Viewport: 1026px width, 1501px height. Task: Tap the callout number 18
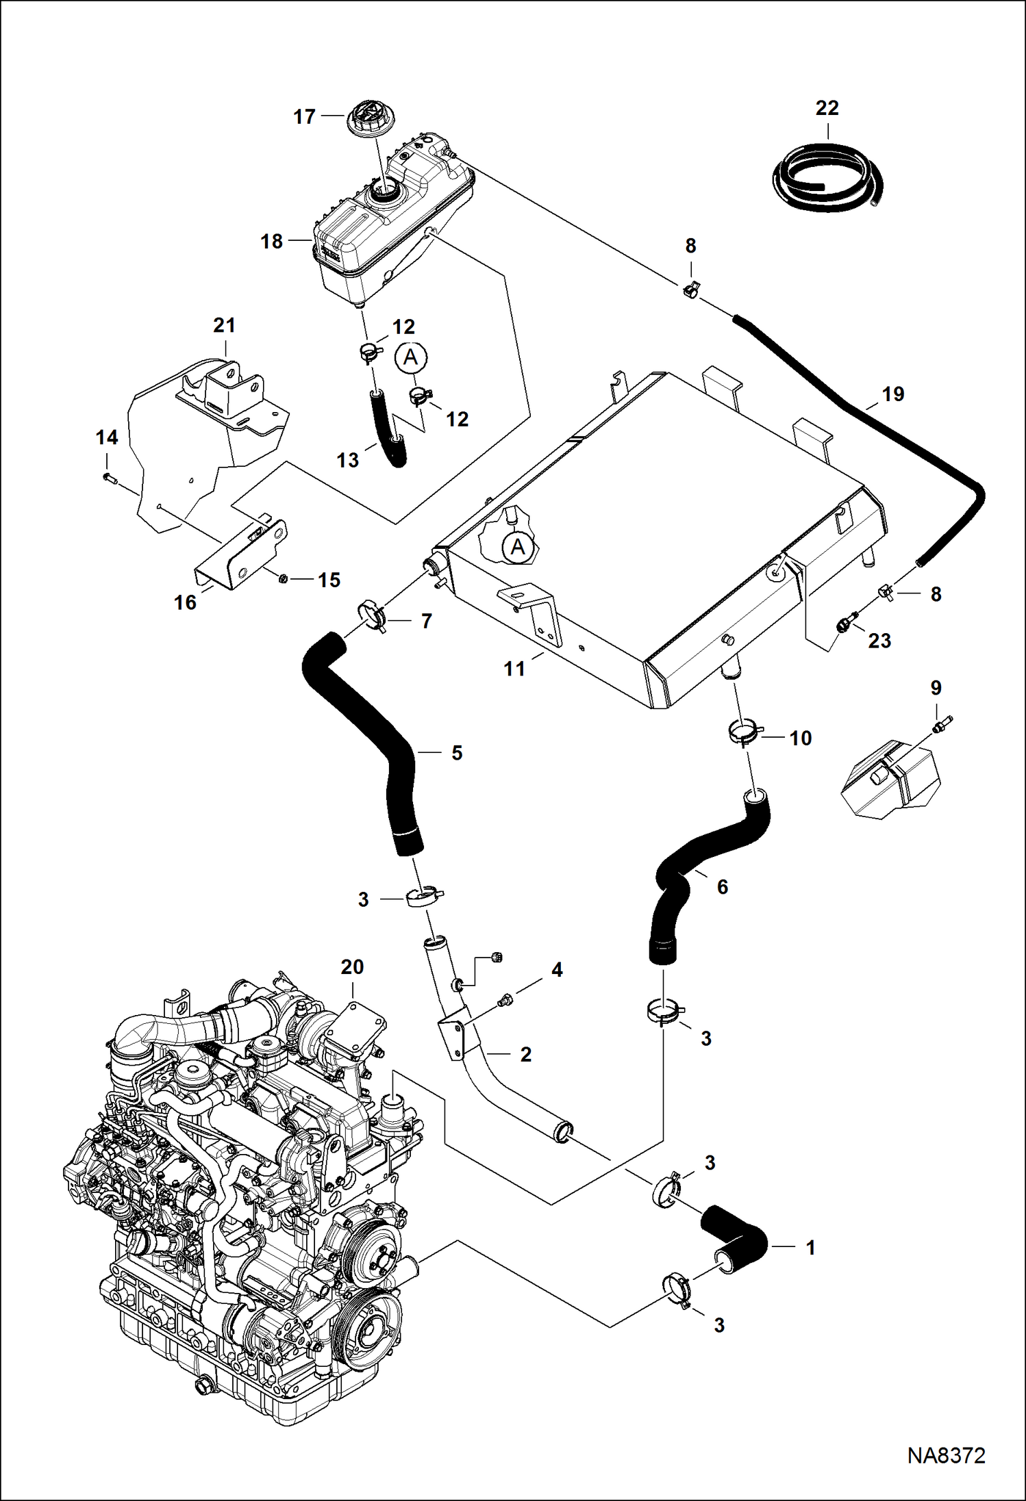272,242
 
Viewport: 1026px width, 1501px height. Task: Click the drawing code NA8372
946,1455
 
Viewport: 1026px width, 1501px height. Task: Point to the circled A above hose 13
410,357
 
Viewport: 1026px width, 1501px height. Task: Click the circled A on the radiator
518,547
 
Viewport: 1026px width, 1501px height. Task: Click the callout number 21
224,325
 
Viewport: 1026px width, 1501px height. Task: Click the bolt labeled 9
941,723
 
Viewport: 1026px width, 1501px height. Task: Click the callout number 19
893,394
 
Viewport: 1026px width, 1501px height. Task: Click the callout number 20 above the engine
352,967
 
